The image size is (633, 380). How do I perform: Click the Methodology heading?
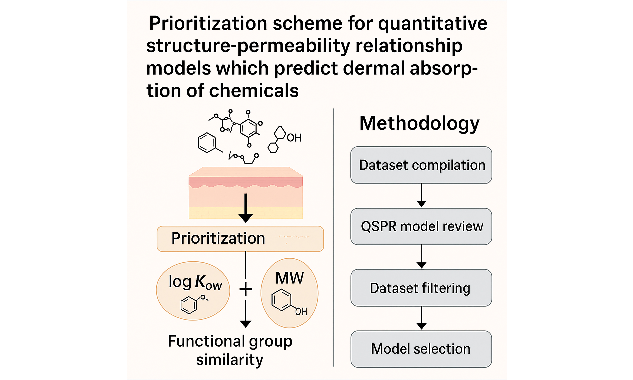tap(419, 124)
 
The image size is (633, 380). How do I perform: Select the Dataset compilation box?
tap(421, 165)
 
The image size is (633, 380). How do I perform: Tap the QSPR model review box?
tap(421, 226)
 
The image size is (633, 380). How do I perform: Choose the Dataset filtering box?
tap(421, 288)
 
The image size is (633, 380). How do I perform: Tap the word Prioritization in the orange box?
tap(218, 239)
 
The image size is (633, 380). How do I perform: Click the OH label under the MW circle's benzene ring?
tap(301, 312)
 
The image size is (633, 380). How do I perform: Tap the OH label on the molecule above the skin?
tap(294, 138)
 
